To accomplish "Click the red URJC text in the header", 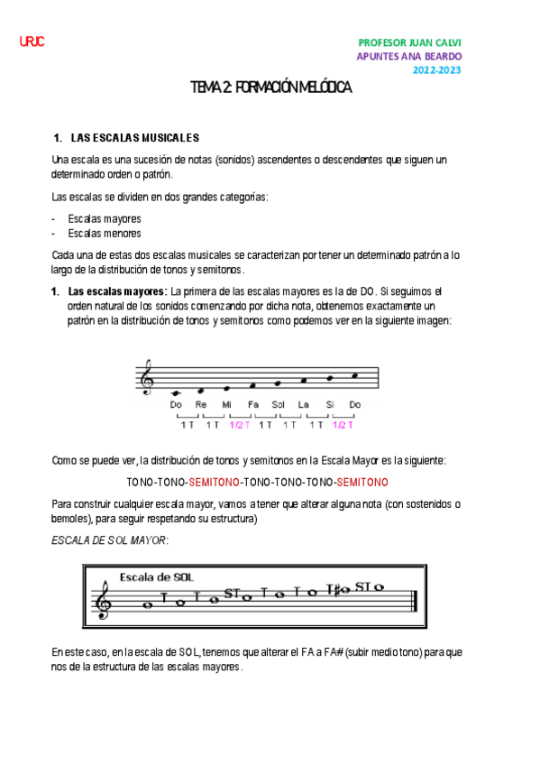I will click(32, 42).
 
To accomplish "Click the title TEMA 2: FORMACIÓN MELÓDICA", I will click(270, 88).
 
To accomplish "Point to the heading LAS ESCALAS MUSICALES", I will click(133, 138).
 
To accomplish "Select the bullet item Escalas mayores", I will click(105, 219).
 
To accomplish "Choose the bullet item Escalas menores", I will click(105, 234).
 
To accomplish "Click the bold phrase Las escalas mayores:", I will click(117, 291).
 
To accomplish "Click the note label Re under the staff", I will click(200, 405).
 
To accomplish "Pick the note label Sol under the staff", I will click(278, 405).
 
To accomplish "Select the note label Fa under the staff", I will click(252, 405).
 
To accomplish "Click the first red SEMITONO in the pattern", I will click(214, 481).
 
